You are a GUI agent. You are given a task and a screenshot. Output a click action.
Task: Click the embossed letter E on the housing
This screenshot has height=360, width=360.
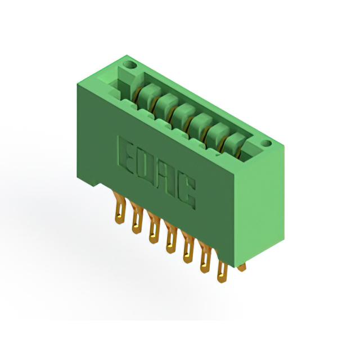125,155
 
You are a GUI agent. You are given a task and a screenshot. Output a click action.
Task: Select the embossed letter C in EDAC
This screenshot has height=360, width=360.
186,191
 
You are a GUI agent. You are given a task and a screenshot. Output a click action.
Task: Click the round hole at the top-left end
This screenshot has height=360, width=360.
130,65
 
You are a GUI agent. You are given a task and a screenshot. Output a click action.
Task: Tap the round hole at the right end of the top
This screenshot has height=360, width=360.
266,144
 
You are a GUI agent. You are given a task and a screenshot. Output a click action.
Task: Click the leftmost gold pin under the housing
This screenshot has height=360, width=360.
119,208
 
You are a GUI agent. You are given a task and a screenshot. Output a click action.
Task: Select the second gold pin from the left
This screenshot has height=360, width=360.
137,218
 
